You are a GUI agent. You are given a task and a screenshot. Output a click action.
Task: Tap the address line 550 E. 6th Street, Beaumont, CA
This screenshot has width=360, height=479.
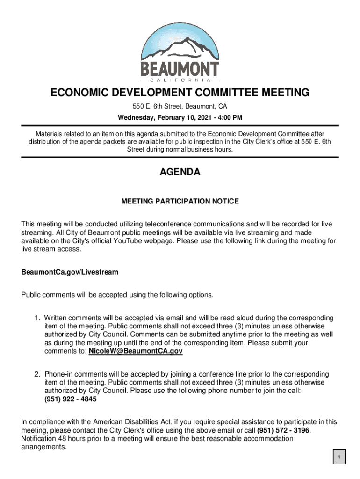click(x=180, y=106)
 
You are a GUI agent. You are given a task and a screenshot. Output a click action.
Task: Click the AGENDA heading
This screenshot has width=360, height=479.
click(x=180, y=172)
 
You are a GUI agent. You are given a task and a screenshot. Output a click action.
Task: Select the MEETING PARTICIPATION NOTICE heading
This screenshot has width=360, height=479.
click(x=180, y=201)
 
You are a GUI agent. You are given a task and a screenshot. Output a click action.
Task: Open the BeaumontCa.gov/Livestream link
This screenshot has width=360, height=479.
click(x=70, y=272)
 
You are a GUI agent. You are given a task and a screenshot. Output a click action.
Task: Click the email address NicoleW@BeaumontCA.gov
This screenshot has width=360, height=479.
click(x=135, y=351)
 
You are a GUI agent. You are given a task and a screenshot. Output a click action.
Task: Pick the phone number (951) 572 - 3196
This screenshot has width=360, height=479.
click(x=283, y=430)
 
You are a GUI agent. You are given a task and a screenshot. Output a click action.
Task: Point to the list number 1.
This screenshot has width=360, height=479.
click(x=36, y=318)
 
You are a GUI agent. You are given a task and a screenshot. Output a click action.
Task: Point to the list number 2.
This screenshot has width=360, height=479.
click(x=36, y=374)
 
